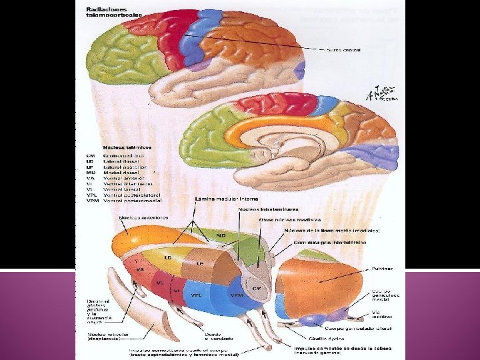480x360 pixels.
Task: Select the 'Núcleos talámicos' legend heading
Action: tap(127, 147)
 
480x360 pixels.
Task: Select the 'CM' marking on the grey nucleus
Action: tap(258, 288)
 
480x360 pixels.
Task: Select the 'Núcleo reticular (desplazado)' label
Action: tap(108, 335)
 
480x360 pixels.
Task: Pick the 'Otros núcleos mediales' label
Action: tap(289, 219)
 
